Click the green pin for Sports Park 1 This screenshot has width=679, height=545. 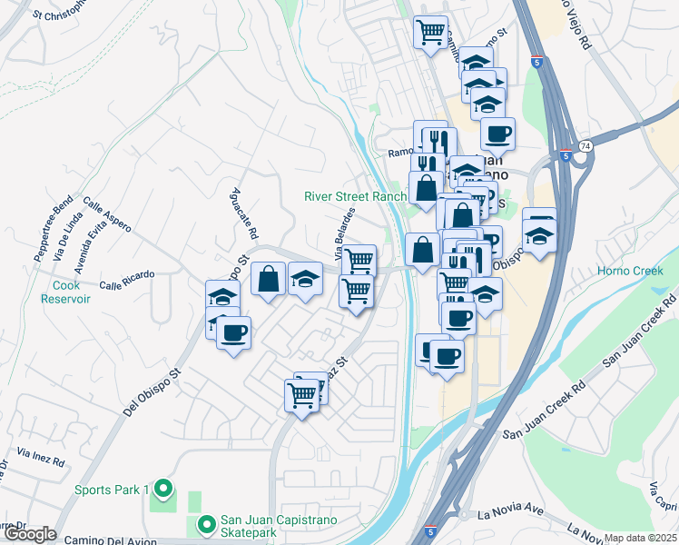163,490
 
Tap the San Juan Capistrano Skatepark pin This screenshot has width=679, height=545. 206,524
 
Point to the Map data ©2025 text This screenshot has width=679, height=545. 641,538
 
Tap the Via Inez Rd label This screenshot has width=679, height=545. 42,456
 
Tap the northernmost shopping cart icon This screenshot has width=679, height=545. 430,32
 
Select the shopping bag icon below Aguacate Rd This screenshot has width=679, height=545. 269,279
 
